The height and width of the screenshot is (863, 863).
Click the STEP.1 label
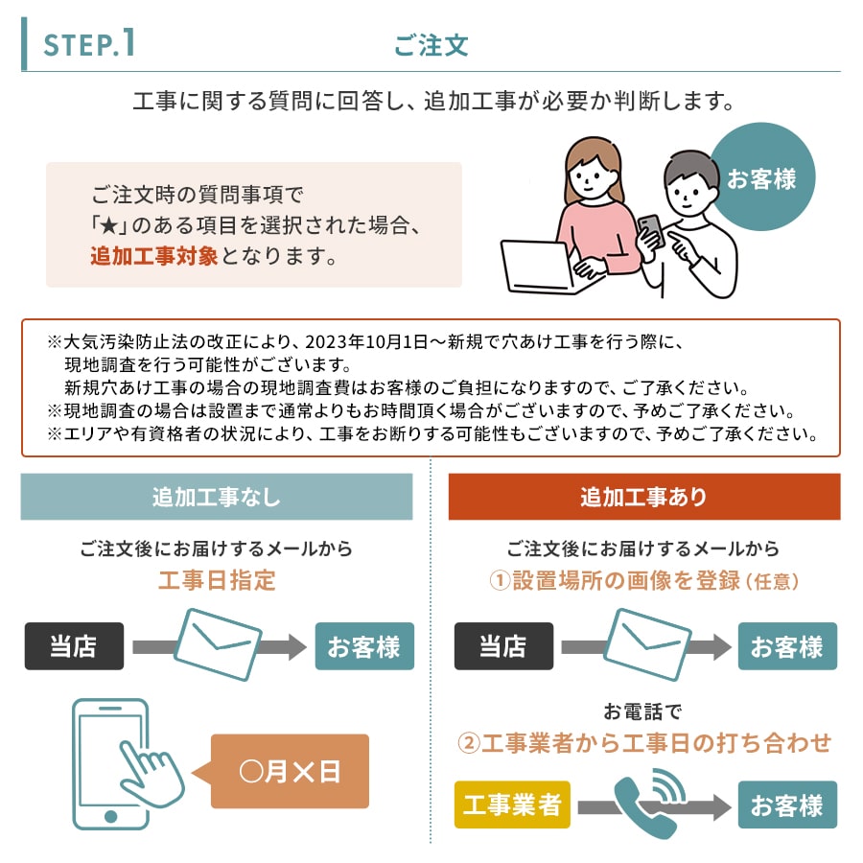89,44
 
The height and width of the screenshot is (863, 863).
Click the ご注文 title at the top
431,45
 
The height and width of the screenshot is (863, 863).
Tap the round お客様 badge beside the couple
761,177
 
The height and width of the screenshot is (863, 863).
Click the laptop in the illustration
542,268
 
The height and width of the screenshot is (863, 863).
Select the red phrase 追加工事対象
154,256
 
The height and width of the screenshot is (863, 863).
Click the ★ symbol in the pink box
109,225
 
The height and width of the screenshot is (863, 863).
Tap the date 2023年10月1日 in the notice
366,341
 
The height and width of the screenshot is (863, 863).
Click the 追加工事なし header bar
217,497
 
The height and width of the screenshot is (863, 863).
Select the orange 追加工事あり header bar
644,497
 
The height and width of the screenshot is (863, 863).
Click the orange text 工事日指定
217,580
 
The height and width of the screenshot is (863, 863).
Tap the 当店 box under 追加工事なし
74,646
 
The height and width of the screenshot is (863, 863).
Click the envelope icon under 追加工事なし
219,644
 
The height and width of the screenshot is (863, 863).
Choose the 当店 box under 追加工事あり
503,646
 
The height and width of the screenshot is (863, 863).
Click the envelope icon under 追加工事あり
648,644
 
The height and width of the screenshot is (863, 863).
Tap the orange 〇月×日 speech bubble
290,771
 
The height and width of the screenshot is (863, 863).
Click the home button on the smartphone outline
110,816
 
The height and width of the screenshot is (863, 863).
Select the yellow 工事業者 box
512,805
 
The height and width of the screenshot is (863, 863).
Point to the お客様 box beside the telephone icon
787,805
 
